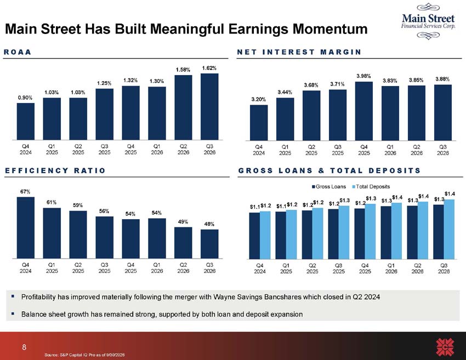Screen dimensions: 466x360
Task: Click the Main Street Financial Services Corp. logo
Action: click(428, 21)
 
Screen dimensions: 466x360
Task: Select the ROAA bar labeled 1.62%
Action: click(209, 107)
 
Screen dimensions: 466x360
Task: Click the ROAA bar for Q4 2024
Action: click(26, 122)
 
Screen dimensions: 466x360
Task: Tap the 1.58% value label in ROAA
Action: click(183, 70)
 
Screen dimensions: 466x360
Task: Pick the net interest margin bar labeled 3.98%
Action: click(364, 111)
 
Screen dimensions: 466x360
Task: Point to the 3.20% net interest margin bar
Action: click(259, 123)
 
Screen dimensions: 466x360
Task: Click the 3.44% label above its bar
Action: click(285, 93)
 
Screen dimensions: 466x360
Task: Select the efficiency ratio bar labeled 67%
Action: click(26, 228)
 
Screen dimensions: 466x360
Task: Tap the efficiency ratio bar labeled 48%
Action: click(209, 244)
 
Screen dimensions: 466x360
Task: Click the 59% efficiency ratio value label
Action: click(78, 205)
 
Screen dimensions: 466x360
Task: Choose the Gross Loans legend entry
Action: click(329, 186)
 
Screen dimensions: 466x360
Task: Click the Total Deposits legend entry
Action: click(371, 186)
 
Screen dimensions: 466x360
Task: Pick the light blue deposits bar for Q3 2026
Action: click(449, 229)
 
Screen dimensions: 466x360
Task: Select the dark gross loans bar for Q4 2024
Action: click(254, 236)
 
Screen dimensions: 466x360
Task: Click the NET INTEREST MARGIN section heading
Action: click(299, 52)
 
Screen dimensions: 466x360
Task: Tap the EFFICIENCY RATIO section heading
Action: click(55, 170)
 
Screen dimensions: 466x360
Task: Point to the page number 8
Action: click(24, 347)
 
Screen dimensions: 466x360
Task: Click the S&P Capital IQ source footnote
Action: click(84, 355)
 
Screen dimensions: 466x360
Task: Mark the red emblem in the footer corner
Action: click(445, 347)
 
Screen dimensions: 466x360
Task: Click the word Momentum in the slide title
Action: click(330, 29)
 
